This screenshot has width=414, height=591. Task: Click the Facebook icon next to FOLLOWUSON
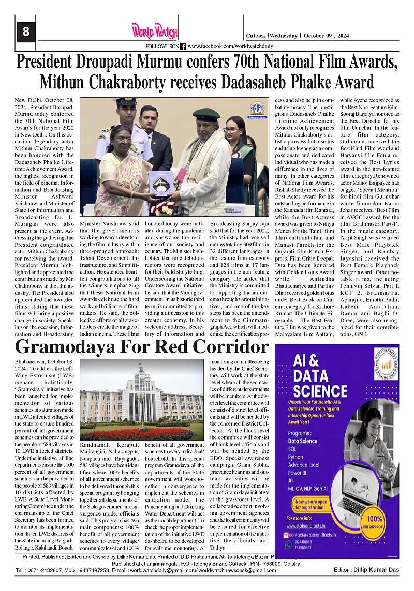[x=183, y=46]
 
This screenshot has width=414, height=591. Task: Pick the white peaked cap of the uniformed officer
[x=126, y=102]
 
